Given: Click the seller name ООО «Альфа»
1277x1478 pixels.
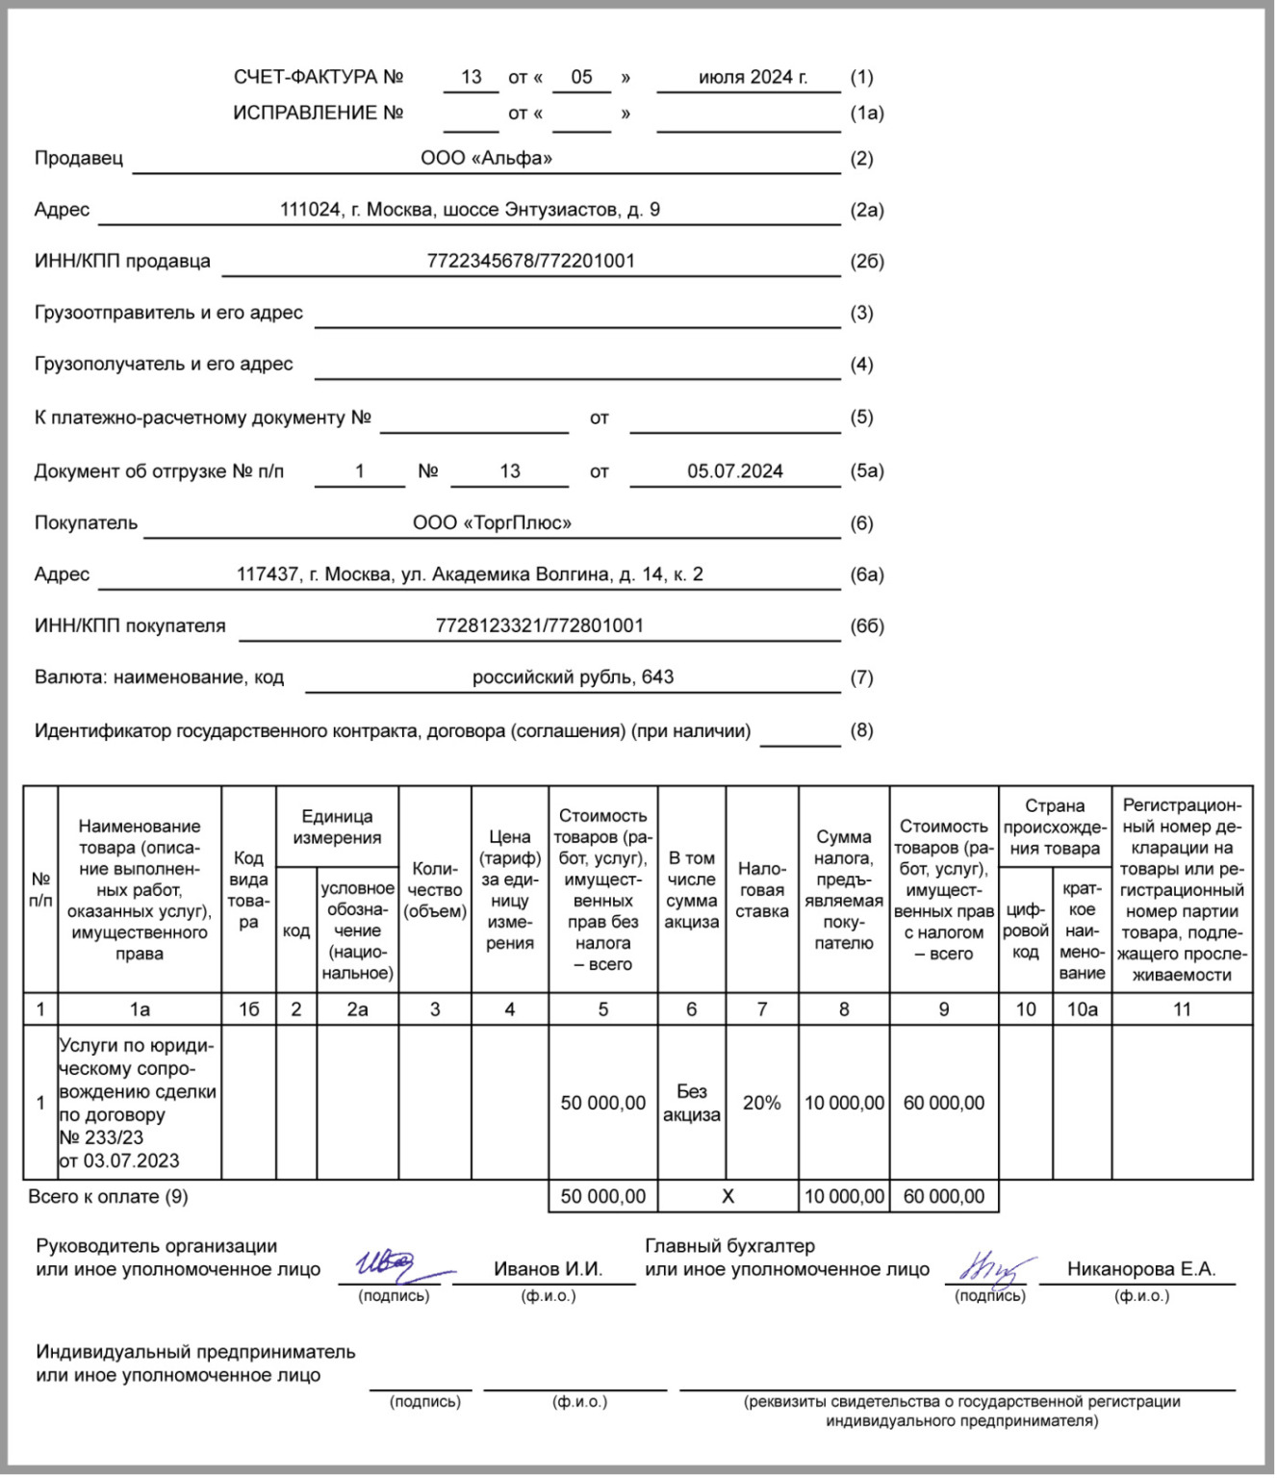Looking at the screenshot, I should (486, 159).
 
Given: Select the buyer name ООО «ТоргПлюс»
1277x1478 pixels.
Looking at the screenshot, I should (492, 523).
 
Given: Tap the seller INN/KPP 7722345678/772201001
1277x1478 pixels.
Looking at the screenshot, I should (530, 261).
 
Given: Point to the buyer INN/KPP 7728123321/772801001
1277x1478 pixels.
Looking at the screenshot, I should (539, 626).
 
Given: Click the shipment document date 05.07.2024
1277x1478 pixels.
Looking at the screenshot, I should (734, 471).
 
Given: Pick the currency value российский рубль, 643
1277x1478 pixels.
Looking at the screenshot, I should (573, 677).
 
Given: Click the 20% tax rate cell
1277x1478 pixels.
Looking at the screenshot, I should (761, 1104).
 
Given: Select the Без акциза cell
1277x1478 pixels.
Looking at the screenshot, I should (691, 1104).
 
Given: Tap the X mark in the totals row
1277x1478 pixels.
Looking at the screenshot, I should (728, 1197).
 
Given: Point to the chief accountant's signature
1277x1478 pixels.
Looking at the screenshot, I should (991, 1270).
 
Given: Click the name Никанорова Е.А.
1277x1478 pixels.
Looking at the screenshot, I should (1140, 1270).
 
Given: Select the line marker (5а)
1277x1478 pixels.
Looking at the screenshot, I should (866, 471).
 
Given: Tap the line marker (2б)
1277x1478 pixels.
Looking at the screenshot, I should (866, 262).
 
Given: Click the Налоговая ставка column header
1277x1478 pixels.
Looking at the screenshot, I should (761, 890).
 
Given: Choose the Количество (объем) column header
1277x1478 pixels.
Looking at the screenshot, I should (435, 890).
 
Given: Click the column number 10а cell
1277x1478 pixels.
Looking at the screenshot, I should (1082, 1009).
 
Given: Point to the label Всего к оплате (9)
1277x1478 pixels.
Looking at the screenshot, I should (108, 1197).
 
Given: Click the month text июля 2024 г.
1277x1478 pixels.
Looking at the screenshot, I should (753, 78).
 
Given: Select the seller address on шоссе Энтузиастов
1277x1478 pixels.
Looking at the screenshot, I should (470, 210).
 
